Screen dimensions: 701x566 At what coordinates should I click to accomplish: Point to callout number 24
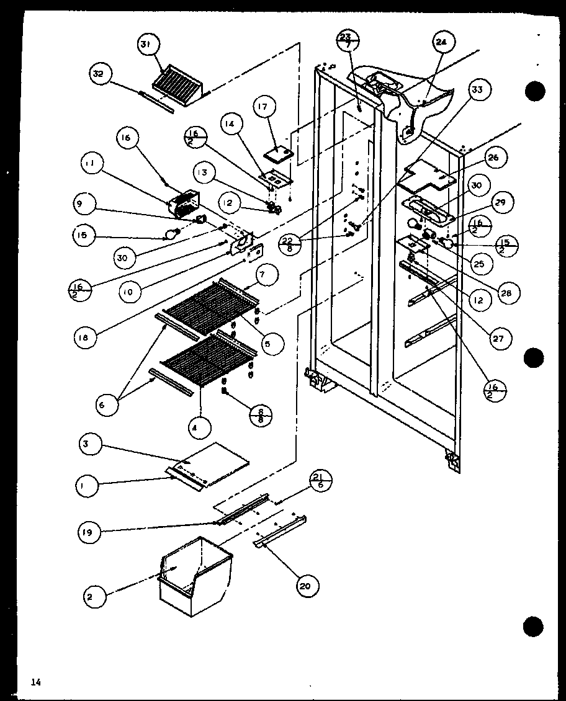441,43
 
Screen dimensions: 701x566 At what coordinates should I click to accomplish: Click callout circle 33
477,90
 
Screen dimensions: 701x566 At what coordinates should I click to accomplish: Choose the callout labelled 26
493,158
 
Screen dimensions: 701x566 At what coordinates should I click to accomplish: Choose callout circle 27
497,337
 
